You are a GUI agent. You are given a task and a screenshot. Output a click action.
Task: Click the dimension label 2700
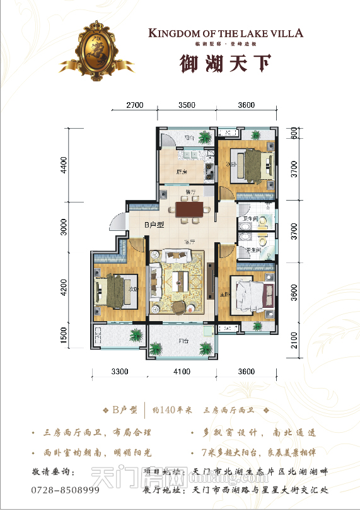(135, 105)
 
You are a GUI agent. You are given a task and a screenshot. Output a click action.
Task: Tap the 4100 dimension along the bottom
(182, 372)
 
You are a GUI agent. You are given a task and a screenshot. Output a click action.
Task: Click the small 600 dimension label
(294, 134)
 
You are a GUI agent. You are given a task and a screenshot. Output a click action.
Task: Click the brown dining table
(188, 209)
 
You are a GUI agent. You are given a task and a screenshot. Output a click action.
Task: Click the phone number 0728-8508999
(65, 490)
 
